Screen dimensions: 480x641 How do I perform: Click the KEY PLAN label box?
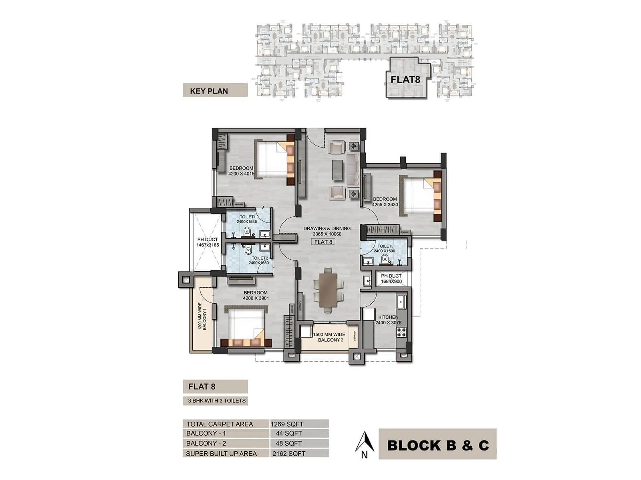coord(215,90)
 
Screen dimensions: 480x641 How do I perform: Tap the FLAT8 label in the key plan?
coord(405,79)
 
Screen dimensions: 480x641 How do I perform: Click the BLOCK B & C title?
coord(437,445)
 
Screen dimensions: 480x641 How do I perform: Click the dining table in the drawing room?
coord(328,290)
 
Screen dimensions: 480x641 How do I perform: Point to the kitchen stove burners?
coord(401,332)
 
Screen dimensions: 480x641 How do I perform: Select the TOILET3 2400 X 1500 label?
coord(385,248)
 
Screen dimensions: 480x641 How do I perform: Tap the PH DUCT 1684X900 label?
coord(391,279)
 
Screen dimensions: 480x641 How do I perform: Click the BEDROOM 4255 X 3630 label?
coord(385,202)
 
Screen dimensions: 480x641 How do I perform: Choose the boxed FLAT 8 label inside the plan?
coord(323,242)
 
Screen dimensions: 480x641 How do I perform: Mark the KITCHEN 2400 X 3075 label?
coord(388,320)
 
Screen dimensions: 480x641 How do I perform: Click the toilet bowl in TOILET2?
coord(248,250)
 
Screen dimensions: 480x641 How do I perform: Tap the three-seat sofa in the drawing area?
coord(353,170)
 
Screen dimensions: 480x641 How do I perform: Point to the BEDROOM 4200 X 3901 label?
coord(256,295)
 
